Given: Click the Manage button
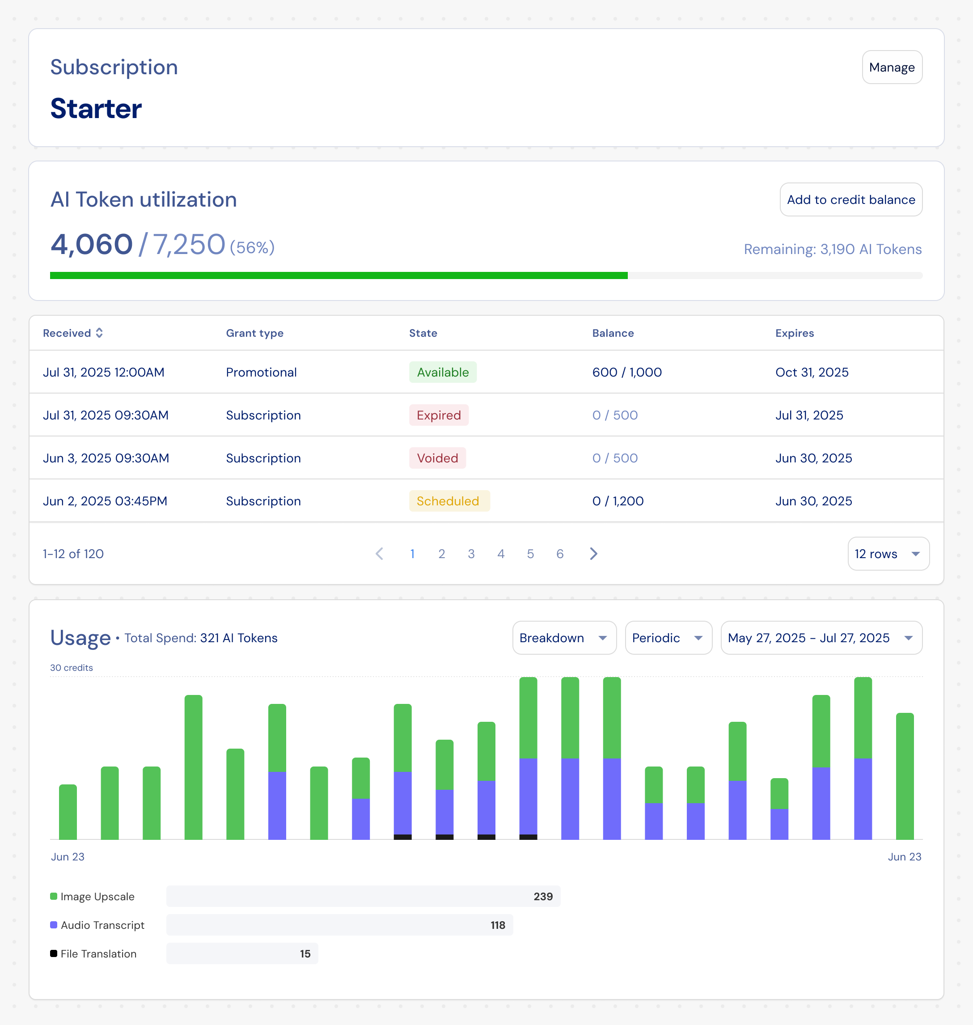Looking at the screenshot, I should coord(892,68).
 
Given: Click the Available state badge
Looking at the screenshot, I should coord(442,373).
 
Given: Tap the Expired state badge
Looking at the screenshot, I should coord(438,415).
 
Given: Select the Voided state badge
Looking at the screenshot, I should coord(437,458).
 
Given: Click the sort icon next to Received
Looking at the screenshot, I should coord(99,333).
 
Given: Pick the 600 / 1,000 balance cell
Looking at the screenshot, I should coord(626,373).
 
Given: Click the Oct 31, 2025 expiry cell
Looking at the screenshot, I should coord(811,373).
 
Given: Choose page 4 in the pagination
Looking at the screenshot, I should coord(500,554).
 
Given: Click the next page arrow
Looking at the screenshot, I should coord(593,554).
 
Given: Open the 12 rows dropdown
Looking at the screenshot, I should coord(888,554).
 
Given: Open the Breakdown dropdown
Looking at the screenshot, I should coord(564,638).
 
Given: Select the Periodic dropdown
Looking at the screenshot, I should coord(668,638).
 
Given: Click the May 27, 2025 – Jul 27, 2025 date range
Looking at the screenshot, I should coord(821,638).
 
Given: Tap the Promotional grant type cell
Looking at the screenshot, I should coord(261,373).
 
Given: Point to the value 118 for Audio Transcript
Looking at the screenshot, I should coord(497,925).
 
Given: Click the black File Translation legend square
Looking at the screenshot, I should coord(53,953).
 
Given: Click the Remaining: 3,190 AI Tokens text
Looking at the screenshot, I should coord(832,250).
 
